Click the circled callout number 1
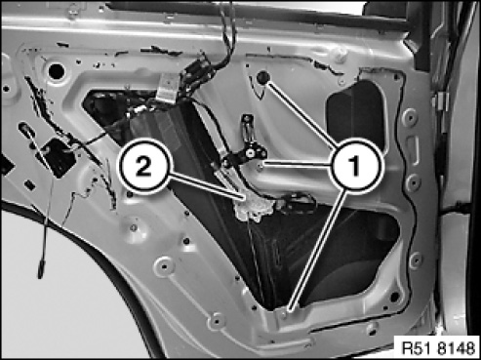[355, 164]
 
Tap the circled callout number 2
[144, 166]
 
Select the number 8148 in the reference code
[456, 348]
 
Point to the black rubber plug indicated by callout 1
[262, 77]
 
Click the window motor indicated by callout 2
[252, 208]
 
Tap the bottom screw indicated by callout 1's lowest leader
[284, 314]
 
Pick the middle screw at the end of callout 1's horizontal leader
[260, 168]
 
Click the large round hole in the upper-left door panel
[57, 71]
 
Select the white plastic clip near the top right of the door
[340, 56]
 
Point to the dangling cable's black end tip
[41, 268]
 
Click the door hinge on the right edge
[440, 101]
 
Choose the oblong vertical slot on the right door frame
[412, 150]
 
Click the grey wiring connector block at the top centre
[167, 87]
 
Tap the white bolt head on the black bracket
[250, 153]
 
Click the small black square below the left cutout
[29, 185]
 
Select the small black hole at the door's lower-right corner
[394, 297]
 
